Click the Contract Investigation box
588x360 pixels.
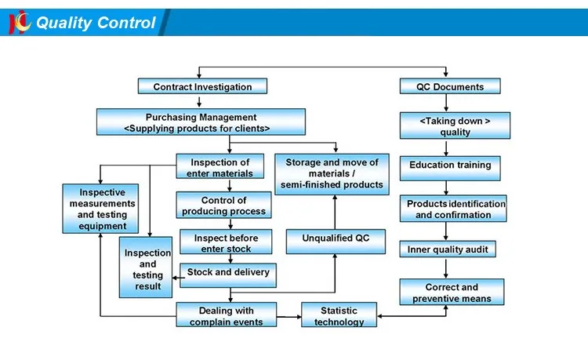(x=202, y=87)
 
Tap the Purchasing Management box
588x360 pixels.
(x=201, y=122)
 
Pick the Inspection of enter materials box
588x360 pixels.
(x=220, y=168)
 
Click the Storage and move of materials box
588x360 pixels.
(x=332, y=173)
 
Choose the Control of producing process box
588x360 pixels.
(x=224, y=205)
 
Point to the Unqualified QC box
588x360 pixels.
(x=336, y=238)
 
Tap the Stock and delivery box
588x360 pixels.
(x=227, y=273)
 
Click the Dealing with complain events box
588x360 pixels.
(x=226, y=315)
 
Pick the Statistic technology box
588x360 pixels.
(x=339, y=315)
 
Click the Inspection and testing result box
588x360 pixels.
(x=147, y=269)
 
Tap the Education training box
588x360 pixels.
(x=450, y=165)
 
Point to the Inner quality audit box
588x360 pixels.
(x=447, y=249)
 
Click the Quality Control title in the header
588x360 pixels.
(x=96, y=23)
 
